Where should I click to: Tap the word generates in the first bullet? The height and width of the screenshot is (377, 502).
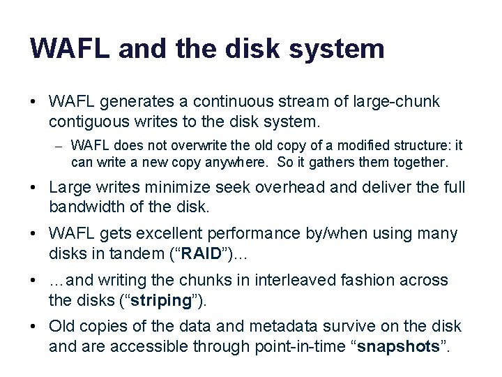(x=133, y=102)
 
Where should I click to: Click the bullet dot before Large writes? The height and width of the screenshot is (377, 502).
(x=34, y=187)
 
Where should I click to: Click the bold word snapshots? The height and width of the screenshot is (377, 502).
(x=399, y=346)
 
